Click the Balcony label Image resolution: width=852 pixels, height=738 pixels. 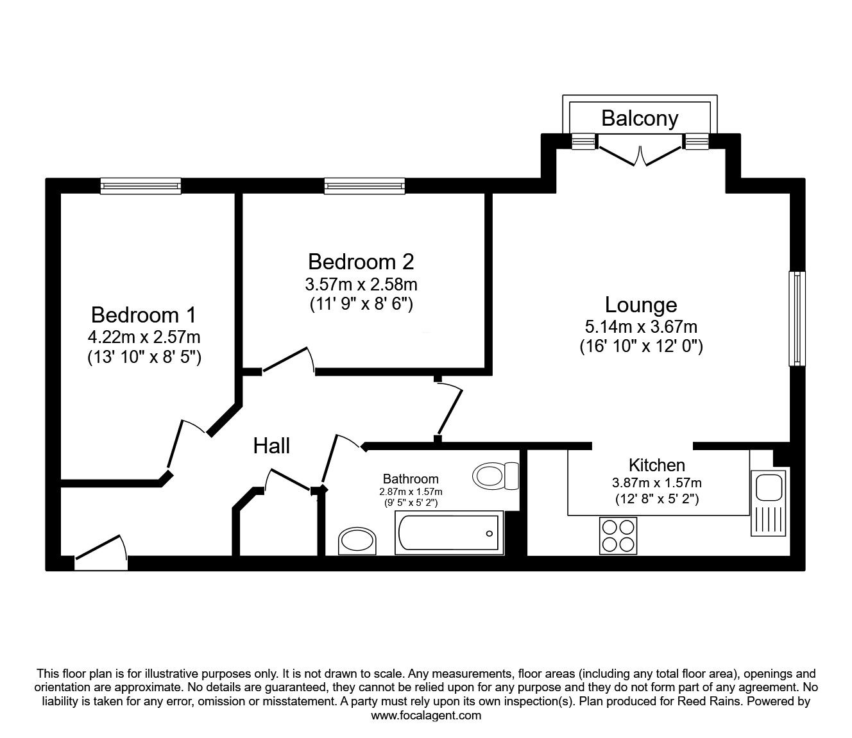640,119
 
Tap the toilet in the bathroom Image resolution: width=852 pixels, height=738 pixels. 495,476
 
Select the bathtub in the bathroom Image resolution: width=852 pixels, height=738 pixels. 449,533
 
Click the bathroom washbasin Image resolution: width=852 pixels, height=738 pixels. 357,541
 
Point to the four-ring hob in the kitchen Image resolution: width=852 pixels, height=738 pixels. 618,535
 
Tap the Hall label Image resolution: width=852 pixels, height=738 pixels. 271,446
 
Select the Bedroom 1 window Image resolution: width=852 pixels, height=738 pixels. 141,186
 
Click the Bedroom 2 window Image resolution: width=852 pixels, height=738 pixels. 364,186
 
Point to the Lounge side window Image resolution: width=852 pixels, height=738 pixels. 797,318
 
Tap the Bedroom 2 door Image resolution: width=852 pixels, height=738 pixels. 289,361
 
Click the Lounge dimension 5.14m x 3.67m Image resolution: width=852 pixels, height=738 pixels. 641,327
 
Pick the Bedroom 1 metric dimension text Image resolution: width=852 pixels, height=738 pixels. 144,337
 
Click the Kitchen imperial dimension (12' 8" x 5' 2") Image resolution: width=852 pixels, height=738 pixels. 657,499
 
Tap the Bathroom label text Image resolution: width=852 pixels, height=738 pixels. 411,479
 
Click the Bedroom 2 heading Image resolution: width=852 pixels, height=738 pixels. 361,262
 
